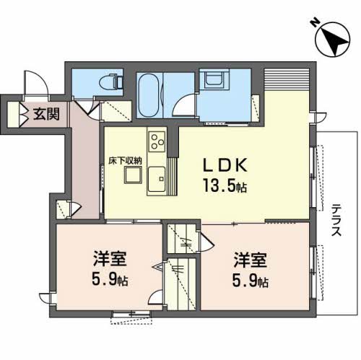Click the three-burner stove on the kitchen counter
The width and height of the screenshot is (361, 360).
coord(157,139)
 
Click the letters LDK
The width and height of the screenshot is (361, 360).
coord(222,164)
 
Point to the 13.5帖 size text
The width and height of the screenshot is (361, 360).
coord(225,187)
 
